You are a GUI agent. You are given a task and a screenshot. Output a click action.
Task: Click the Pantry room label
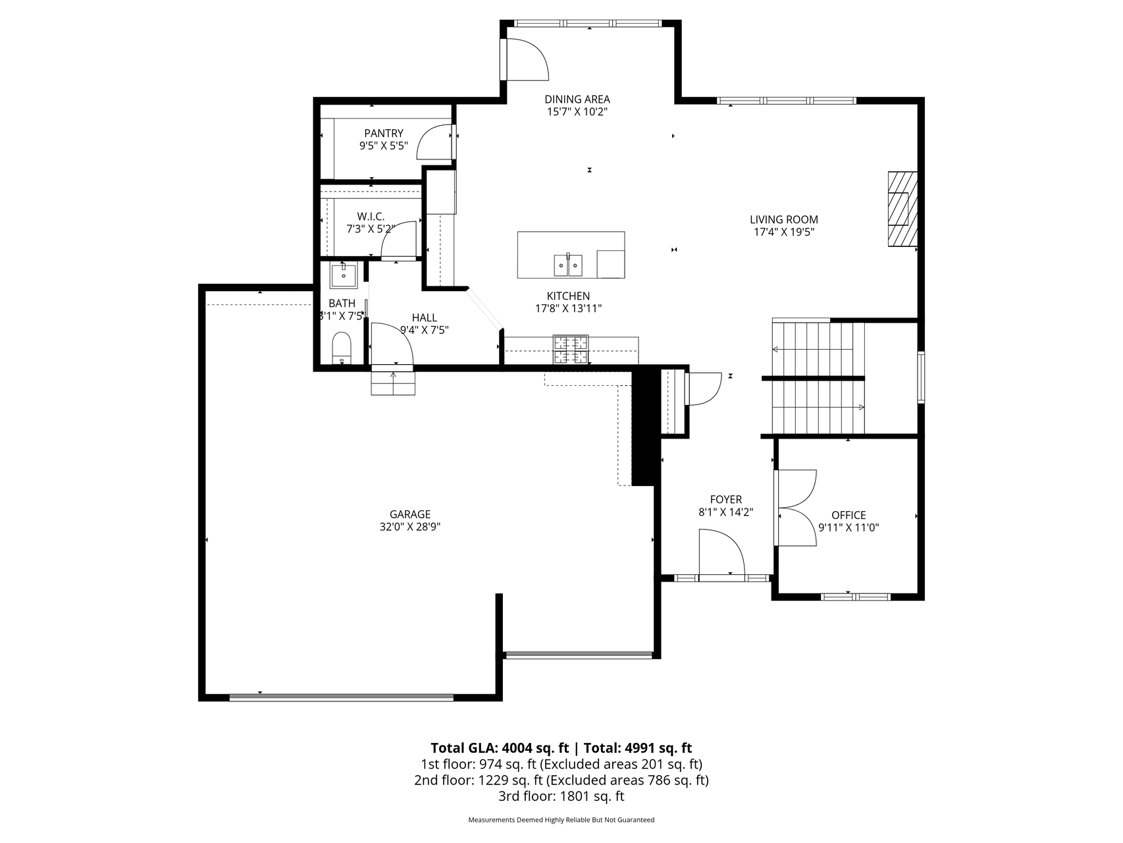click(384, 134)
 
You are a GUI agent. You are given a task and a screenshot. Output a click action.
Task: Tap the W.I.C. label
click(371, 217)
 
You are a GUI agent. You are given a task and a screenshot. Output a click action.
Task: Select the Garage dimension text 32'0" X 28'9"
click(410, 527)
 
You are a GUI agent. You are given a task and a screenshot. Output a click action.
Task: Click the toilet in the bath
click(342, 348)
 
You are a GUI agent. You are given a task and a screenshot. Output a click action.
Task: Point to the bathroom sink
click(344, 275)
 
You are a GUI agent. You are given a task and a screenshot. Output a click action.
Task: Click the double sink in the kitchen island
click(569, 265)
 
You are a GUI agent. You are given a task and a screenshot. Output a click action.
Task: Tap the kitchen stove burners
click(571, 350)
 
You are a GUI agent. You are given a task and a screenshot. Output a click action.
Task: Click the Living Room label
click(784, 220)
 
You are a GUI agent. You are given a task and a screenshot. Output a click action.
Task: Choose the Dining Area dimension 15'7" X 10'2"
click(577, 112)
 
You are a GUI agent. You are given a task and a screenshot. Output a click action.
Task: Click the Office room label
click(849, 515)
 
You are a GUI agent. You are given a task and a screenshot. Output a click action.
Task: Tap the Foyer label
click(726, 500)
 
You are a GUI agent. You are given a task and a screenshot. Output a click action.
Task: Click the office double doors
click(796, 508)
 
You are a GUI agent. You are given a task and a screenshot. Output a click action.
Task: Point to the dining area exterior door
click(525, 59)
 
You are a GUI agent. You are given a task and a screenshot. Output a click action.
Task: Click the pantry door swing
click(435, 141)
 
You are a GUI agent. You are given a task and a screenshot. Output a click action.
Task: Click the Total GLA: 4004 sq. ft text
click(500, 748)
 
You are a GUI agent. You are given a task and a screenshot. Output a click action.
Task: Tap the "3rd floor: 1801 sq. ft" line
click(561, 796)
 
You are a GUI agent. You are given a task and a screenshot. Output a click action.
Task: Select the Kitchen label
click(568, 296)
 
